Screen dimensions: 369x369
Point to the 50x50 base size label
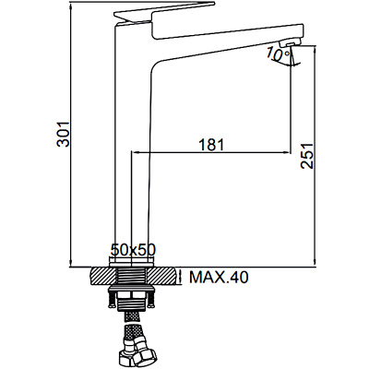point(131,250)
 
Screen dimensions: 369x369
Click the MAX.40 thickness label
point(219,276)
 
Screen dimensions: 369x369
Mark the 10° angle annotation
point(277,55)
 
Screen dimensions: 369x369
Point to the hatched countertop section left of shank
point(100,276)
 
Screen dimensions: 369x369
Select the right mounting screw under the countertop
point(151,296)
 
